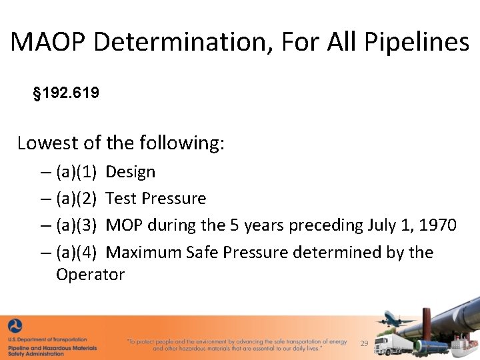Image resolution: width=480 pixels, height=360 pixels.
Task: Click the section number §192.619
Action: (x=66, y=93)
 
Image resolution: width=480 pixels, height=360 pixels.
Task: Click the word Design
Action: (x=131, y=172)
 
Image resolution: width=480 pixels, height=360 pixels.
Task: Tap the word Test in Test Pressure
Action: (x=119, y=199)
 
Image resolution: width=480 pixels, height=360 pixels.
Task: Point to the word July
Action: (x=382, y=225)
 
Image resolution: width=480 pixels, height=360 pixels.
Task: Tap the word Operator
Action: (x=90, y=275)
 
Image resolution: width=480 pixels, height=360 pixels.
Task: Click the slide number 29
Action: (x=364, y=343)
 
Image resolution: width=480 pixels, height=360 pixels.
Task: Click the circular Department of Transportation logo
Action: (x=15, y=326)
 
